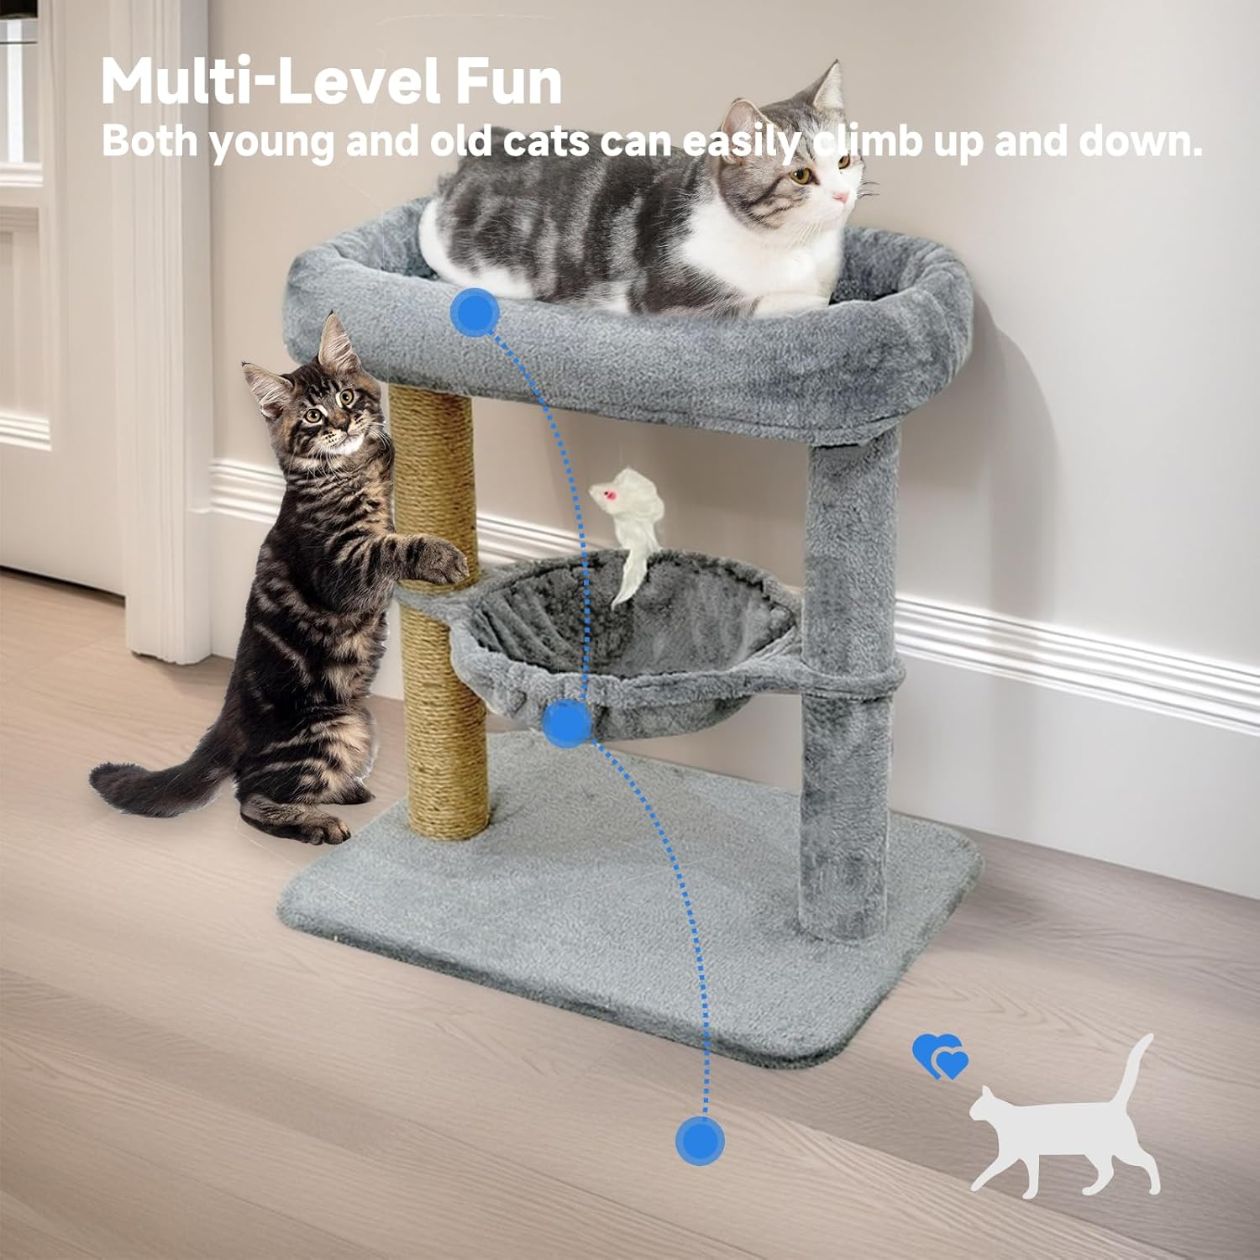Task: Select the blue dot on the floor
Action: click(x=699, y=1140)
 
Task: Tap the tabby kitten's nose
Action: click(x=338, y=430)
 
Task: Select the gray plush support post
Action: click(x=848, y=685)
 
